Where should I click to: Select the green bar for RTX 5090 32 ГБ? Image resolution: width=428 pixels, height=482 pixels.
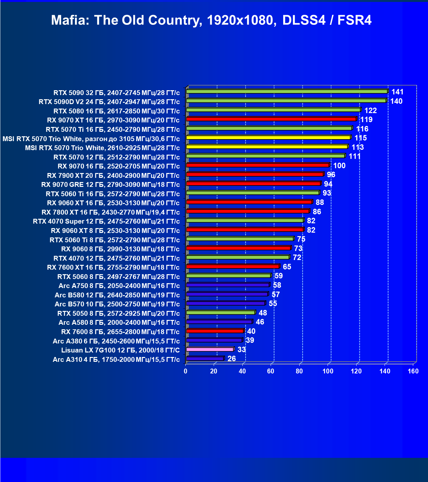tap(287, 92)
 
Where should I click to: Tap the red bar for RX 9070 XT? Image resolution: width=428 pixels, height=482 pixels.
tap(272, 119)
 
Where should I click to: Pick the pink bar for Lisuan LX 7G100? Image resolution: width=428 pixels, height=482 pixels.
tap(210, 349)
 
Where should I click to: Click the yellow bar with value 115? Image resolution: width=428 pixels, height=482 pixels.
tap(269, 137)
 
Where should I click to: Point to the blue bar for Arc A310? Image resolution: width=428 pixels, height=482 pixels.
tap(205, 358)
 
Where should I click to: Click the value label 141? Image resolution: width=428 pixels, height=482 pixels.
tap(397, 92)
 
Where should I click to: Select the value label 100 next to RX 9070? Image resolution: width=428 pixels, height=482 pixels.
tap(340, 166)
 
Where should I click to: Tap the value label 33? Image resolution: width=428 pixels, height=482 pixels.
tap(241, 350)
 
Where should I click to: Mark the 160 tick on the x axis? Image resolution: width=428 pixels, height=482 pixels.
tap(413, 371)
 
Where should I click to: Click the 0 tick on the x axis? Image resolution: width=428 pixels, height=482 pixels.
tap(185, 371)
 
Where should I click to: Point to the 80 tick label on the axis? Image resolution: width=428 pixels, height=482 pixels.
tap(299, 371)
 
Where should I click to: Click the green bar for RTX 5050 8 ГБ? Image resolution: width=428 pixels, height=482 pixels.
tap(221, 313)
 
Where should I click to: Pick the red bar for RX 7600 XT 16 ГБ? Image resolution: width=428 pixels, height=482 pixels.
tap(233, 266)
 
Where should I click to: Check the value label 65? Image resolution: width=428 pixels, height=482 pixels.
tap(287, 267)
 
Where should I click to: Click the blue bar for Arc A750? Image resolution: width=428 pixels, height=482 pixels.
tap(228, 285)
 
